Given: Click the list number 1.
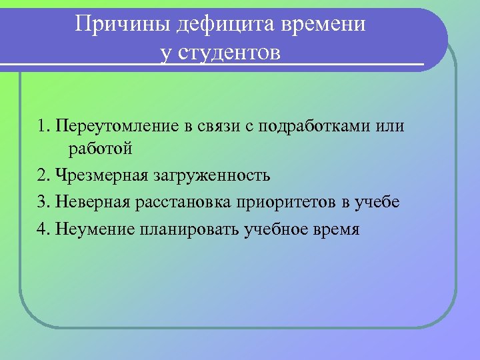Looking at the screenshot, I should tap(42, 126).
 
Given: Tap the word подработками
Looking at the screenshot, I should tap(313, 126).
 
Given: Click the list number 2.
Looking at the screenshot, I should tap(43, 176).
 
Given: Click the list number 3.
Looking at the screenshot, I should tap(43, 203).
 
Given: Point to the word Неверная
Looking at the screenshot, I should tap(89, 203).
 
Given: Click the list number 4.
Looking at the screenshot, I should tap(43, 230).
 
